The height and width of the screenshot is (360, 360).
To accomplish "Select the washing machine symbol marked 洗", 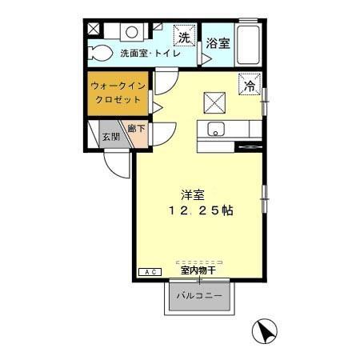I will tap(185, 38).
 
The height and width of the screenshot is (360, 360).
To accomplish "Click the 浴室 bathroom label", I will tap(218, 43).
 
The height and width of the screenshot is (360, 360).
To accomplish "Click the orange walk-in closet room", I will tap(118, 94).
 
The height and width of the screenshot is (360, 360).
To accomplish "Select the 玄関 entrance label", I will tap(110, 137).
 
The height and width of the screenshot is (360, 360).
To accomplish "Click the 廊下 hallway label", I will tap(136, 127).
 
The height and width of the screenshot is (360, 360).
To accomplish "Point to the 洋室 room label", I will tap(192, 194).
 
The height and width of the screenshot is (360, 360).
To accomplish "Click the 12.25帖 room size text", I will tap(200, 211).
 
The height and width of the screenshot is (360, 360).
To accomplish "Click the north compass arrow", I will tap(264, 330).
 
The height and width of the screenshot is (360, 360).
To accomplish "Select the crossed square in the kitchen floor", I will tap(214, 102).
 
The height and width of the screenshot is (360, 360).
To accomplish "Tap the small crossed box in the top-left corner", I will tap(93, 30).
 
